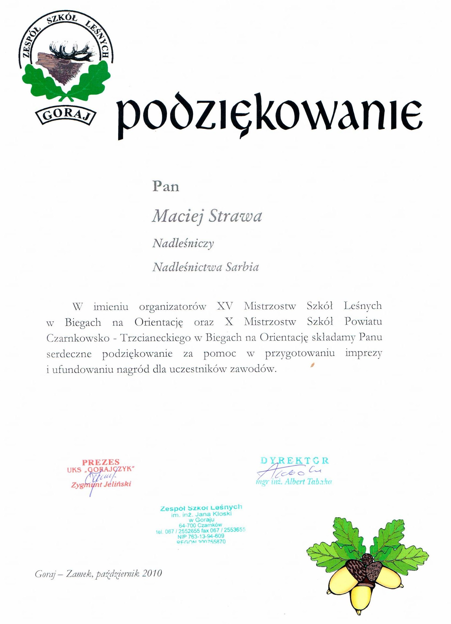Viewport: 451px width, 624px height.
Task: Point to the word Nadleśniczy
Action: pos(183,243)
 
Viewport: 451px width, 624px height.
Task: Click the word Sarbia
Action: pos(242,267)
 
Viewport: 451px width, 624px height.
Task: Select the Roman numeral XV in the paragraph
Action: pos(225,306)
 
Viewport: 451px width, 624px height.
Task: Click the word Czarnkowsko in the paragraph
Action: pos(77,338)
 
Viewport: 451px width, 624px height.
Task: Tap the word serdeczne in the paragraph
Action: pos(69,354)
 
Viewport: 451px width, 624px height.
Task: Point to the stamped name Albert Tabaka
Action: pos(294,482)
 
